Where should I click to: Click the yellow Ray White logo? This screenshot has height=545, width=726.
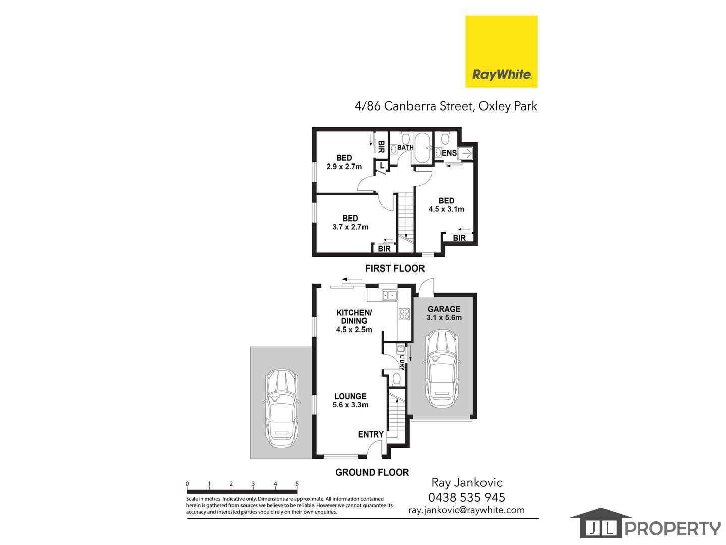501,51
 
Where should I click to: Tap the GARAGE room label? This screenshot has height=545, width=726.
444,309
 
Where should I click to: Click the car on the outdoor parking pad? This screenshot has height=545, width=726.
281,408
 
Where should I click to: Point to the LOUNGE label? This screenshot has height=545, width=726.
350,396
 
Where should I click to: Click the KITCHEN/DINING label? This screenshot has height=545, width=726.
354,317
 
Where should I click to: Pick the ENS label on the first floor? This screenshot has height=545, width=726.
449,153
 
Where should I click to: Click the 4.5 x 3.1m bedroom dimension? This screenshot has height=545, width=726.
446,209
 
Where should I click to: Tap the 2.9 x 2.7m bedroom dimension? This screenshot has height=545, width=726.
344,167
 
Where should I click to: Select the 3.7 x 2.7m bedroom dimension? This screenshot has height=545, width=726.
350,227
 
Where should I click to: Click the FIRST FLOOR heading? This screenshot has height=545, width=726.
395,268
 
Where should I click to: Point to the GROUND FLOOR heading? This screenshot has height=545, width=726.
372,472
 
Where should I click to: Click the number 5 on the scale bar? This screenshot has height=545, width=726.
297,484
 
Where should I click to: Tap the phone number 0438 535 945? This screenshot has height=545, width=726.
467,497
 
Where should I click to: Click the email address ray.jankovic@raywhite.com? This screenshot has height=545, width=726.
467,510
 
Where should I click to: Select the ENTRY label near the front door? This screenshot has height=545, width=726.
371,434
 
